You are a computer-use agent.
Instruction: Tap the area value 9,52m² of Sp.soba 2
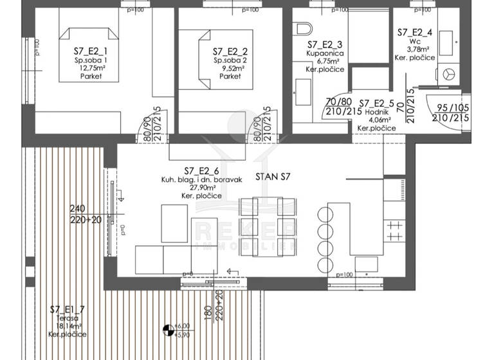230,67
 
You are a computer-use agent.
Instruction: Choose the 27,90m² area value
202,187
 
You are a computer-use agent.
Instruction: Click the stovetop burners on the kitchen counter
393,224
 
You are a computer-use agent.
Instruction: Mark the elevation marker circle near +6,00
169,330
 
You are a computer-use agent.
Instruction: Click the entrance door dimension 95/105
450,109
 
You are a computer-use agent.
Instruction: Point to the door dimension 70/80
340,102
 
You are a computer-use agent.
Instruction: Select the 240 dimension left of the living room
77,208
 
